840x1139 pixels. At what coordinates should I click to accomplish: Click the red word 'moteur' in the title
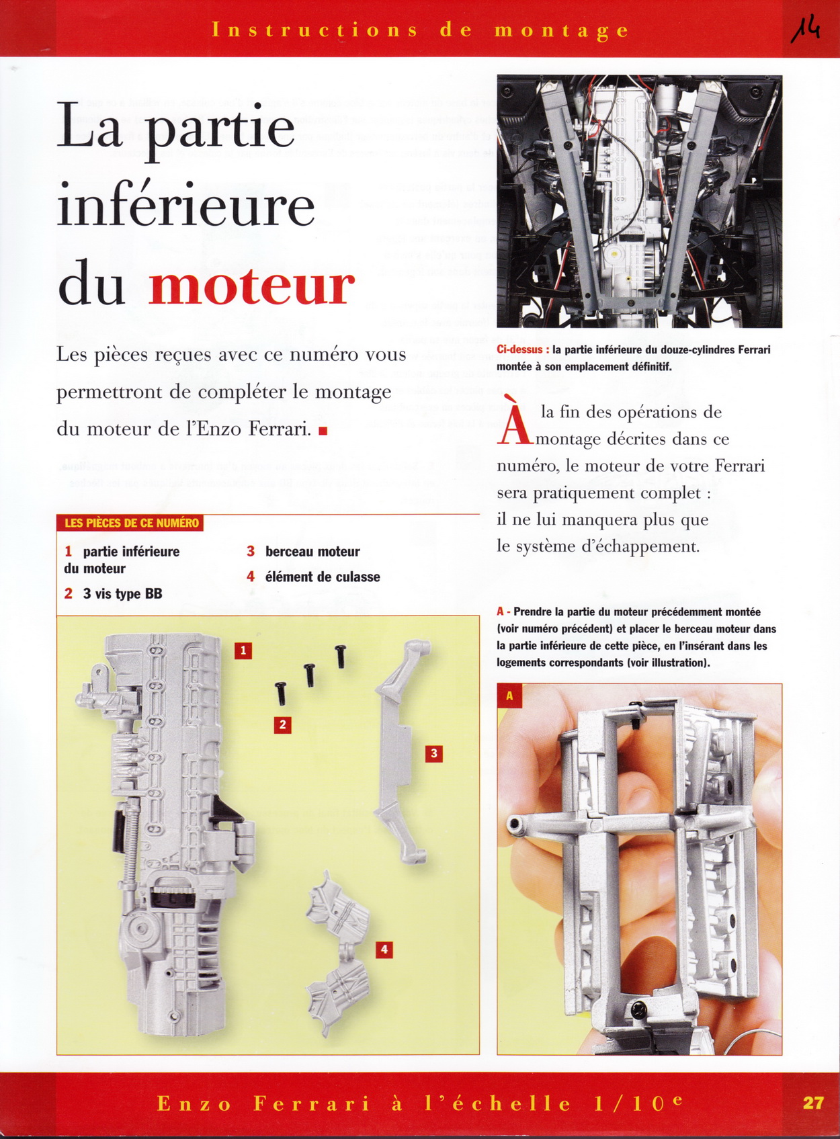(x=251, y=286)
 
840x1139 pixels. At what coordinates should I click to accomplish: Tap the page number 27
(x=813, y=1103)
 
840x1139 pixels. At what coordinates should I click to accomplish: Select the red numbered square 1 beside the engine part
(x=243, y=650)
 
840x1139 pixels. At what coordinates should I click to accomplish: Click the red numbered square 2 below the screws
(x=282, y=724)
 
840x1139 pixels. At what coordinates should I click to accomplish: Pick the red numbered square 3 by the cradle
(x=433, y=753)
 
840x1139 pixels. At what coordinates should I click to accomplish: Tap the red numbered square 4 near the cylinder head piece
(x=384, y=950)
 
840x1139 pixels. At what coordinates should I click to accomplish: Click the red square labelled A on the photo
(x=509, y=695)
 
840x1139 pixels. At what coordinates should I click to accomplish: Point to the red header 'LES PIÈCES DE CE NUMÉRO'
(x=131, y=523)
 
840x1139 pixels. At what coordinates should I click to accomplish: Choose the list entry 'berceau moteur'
(x=312, y=552)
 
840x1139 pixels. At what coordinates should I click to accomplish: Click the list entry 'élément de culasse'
(x=322, y=577)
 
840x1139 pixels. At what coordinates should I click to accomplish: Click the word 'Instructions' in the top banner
(x=314, y=30)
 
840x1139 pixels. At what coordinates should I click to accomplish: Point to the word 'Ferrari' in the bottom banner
(x=312, y=1103)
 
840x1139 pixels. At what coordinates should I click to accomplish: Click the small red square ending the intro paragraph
(x=323, y=431)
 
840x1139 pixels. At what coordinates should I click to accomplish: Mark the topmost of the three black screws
(x=341, y=655)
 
